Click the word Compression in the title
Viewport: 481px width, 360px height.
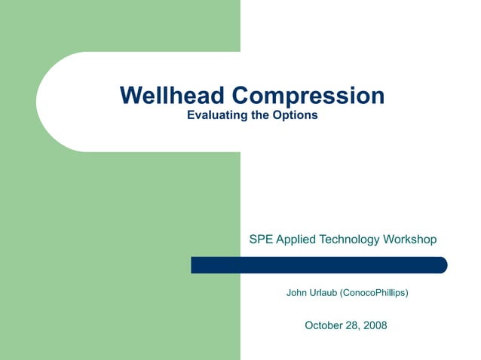click(308, 96)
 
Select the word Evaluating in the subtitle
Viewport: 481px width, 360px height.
click(215, 116)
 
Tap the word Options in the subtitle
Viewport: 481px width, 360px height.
click(297, 116)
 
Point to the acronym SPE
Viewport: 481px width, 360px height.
click(261, 239)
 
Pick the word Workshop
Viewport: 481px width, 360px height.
click(410, 239)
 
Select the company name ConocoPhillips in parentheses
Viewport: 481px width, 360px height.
click(375, 291)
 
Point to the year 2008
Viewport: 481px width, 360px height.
click(374, 325)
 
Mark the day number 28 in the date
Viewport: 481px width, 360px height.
click(351, 325)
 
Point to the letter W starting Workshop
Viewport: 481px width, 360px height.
click(390, 239)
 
